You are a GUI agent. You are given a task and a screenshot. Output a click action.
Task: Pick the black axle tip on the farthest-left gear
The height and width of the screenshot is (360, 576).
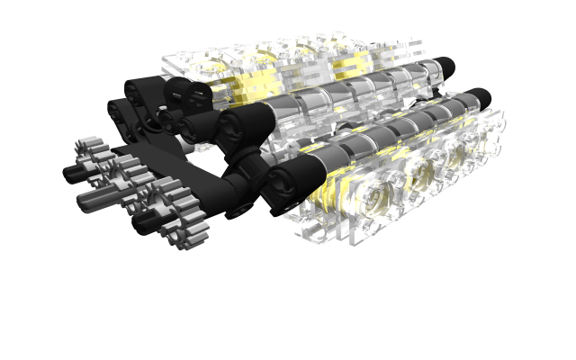pos(70,171)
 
